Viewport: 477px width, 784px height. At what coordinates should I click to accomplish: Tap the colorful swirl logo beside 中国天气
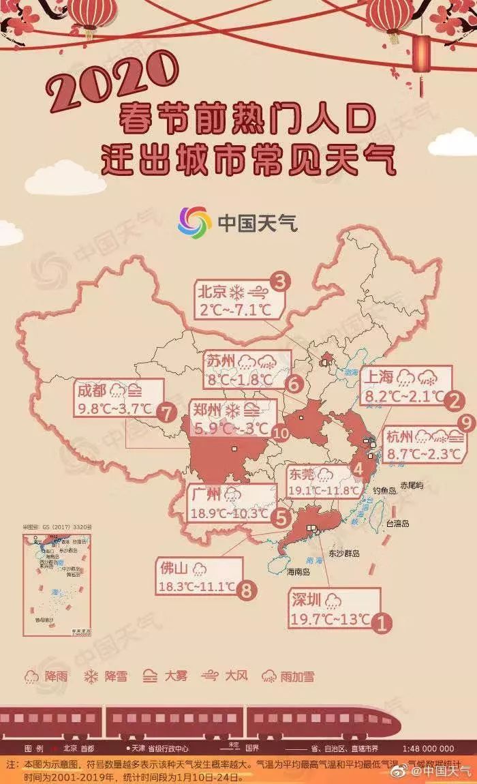194,222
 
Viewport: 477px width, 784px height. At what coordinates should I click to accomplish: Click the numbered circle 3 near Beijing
280,281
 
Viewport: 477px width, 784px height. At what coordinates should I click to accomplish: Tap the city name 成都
93,391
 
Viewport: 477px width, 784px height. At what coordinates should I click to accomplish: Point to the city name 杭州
399,436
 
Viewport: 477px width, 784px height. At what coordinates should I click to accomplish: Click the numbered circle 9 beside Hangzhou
466,423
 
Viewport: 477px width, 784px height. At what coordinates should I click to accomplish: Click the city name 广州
206,494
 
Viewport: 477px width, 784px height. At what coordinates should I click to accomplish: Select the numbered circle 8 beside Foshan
247,589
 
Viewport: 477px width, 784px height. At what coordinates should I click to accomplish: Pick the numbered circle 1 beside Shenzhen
384,621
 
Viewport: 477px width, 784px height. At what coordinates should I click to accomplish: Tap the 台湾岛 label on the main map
397,524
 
